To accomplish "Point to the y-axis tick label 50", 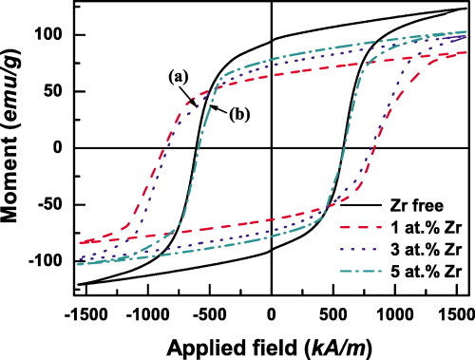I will [57, 92].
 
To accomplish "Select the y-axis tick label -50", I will [54, 204].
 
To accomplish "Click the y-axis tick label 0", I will [62, 148].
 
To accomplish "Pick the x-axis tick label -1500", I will [86, 311].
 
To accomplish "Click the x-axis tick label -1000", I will [147, 311].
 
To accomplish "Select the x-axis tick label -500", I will [210, 311].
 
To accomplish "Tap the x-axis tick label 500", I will [333, 311].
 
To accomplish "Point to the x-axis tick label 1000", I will [395, 311].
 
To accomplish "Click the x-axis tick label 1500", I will [456, 311].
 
